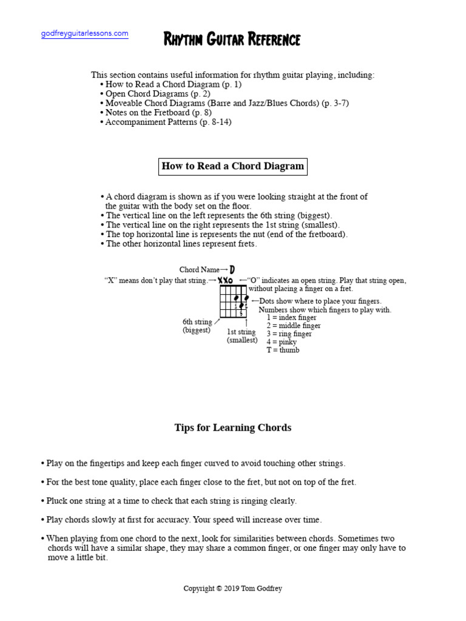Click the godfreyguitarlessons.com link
pyautogui.click(x=84, y=34)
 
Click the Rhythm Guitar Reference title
pyautogui.click(x=232, y=40)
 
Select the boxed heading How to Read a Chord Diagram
pyautogui.click(x=233, y=166)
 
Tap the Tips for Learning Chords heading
pyautogui.click(x=233, y=428)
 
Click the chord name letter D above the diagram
pyautogui.click(x=232, y=269)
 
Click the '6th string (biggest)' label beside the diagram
pyautogui.click(x=197, y=326)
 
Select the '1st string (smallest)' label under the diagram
pyautogui.click(x=241, y=336)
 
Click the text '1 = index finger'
pyautogui.click(x=291, y=318)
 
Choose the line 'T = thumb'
pyautogui.click(x=283, y=350)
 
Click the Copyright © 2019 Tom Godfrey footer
pyautogui.click(x=233, y=588)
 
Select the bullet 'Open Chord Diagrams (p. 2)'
pyautogui.click(x=157, y=94)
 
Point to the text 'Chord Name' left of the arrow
pyautogui.click(x=199, y=270)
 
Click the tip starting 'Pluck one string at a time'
pyautogui.click(x=171, y=501)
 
